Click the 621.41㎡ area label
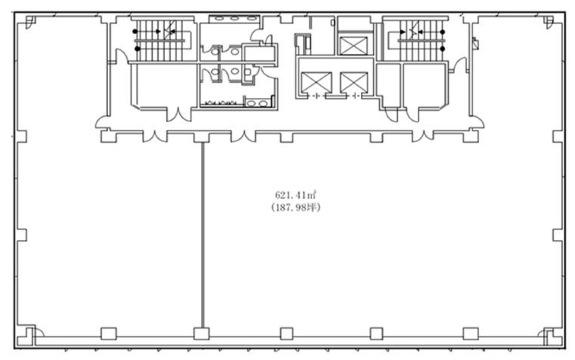[296, 195]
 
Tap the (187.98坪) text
[296, 208]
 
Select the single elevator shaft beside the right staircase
[354, 46]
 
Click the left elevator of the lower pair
[317, 82]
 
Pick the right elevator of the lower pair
[354, 82]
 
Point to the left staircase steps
[160, 40]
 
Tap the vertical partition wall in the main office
[203, 235]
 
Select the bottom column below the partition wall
[202, 333]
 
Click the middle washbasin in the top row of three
[234, 18]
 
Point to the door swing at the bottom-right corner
[541, 333]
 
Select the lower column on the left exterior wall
[22, 235]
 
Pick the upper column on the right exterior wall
[558, 136]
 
